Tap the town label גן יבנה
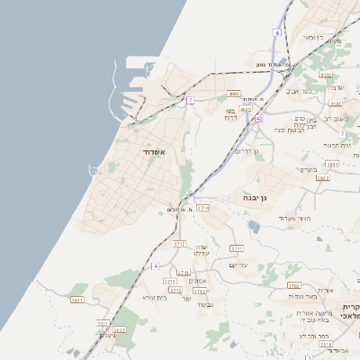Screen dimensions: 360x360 (251, 197)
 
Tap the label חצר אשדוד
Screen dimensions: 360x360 (292, 219)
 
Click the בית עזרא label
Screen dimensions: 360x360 (155, 296)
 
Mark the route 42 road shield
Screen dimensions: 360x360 (258, 118)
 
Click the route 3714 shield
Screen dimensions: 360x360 (202, 208)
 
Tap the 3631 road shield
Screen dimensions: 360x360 (77, 300)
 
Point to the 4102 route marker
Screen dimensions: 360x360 (325, 75)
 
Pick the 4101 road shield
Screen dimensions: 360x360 (336, 103)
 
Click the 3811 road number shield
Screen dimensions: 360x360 (332, 165)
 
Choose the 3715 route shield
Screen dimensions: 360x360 (175, 291)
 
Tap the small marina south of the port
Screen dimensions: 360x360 (94, 169)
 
